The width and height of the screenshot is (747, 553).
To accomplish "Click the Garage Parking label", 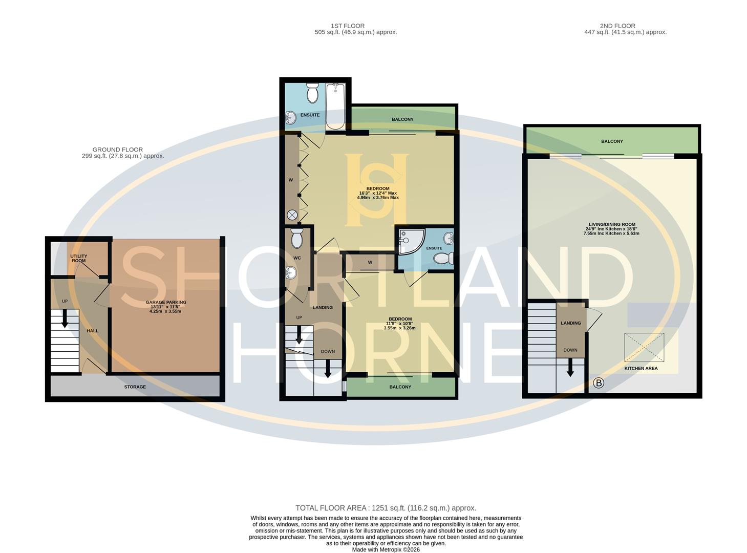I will [165, 303].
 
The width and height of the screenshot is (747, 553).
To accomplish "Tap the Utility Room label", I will [78, 258].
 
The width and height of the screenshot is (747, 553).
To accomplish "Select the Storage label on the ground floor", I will [135, 387].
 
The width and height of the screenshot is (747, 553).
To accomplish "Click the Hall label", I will [92, 331].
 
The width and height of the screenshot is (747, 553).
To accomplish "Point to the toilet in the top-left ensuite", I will [312, 93].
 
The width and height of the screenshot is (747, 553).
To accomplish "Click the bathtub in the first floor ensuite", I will [336, 107].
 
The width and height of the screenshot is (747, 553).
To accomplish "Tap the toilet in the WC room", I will [296, 239].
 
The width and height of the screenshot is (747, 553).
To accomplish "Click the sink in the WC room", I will [291, 273].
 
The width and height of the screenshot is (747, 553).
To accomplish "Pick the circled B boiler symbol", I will [598, 382].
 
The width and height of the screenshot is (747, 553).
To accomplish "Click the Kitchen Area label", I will [641, 368].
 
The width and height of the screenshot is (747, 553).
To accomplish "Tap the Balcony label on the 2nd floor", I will [612, 141].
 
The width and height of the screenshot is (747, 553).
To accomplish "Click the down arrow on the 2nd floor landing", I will [570, 367].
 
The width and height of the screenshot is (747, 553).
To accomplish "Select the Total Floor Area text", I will [386, 508].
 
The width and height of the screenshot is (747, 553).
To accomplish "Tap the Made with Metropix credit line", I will [386, 549].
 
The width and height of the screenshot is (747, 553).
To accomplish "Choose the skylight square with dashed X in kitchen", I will [644, 348].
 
